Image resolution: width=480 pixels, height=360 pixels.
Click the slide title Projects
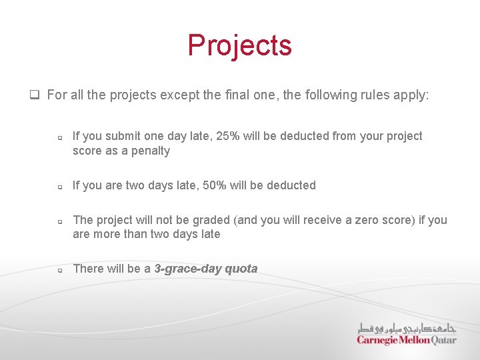coord(239,45)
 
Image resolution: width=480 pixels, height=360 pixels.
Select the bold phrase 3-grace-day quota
coord(205,269)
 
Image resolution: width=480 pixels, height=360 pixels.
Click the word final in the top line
coord(262,95)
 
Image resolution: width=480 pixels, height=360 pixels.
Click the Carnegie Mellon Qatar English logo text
coord(407,340)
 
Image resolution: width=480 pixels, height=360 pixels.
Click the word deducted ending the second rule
coord(291,185)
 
